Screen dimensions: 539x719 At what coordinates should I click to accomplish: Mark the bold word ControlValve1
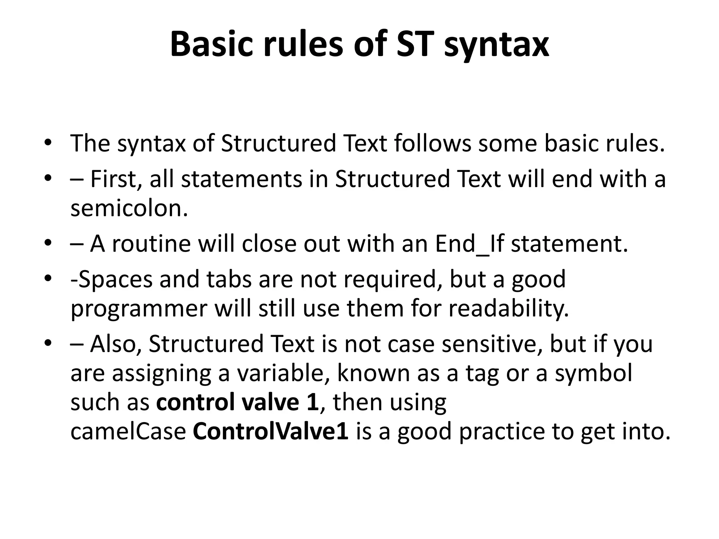coord(270,432)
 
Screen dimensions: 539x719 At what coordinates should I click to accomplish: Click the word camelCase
coord(128,432)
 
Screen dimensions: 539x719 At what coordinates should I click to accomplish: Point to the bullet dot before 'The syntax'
coord(48,144)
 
